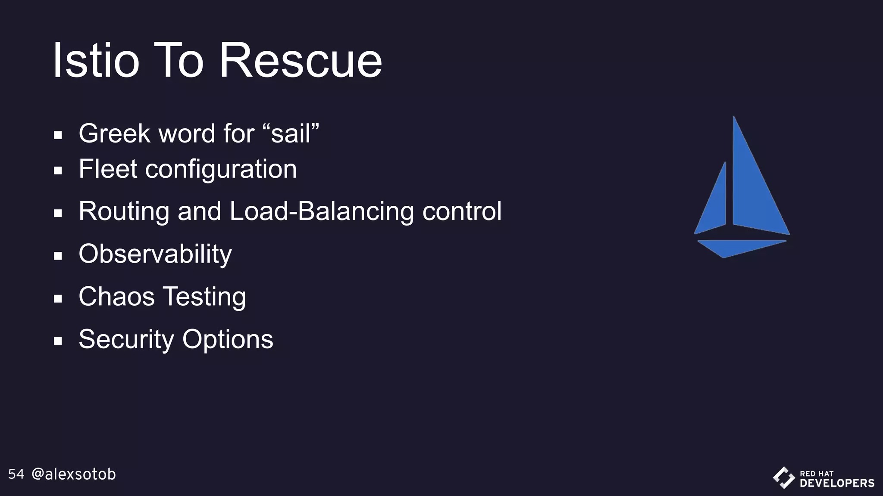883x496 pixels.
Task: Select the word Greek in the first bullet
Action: click(x=114, y=133)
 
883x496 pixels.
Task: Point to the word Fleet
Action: click(x=108, y=169)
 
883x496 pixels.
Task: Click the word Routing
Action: click(x=124, y=212)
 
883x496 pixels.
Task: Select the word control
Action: click(x=462, y=211)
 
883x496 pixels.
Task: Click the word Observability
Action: click(x=155, y=254)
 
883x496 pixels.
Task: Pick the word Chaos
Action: click(x=116, y=297)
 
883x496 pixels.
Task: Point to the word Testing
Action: click(x=204, y=298)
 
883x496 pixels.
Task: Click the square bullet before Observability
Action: click(x=58, y=256)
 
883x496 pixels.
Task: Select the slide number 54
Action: click(x=16, y=474)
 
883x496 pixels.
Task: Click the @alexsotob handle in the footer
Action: click(x=74, y=474)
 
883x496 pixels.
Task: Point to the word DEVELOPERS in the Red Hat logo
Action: click(x=837, y=483)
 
